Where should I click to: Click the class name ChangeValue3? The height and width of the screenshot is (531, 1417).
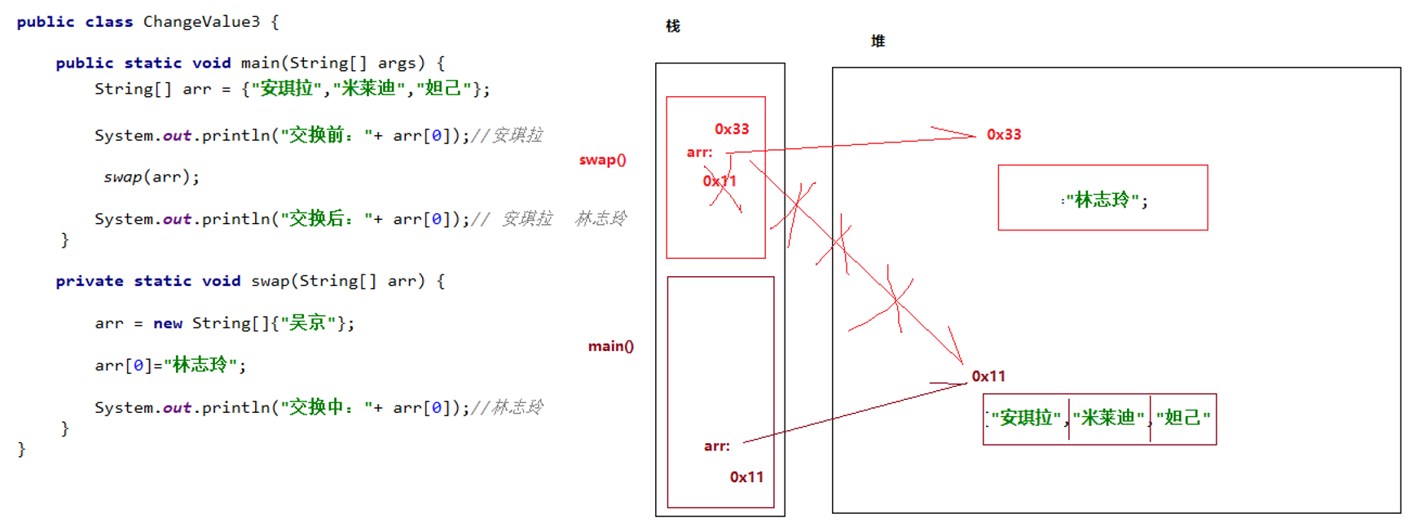pos(202,22)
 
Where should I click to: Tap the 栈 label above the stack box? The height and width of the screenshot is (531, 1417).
pos(672,26)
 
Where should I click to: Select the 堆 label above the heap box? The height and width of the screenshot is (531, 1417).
pos(878,41)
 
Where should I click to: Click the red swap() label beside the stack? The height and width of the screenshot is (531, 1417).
pos(602,160)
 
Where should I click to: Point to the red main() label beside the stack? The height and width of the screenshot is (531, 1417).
pos(610,346)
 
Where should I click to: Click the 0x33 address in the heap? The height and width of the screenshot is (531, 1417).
pos(1003,134)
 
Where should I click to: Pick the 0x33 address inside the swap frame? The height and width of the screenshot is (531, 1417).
pos(731,129)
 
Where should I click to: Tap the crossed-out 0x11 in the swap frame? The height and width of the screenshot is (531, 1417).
pos(720,181)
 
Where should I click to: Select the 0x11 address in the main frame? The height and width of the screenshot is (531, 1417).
pos(746,476)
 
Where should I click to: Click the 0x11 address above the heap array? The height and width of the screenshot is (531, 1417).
pos(988,376)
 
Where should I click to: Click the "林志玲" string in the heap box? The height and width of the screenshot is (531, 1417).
pos(1102,200)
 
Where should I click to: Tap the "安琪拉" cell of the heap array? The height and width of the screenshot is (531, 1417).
pos(1026,418)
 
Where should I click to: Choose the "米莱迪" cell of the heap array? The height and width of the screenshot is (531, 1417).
pos(1108,418)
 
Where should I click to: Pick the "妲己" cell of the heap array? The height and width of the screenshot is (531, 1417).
pos(1183,418)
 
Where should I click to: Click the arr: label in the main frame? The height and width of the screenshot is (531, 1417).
pos(716,445)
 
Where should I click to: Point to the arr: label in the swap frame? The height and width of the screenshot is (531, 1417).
pos(699,152)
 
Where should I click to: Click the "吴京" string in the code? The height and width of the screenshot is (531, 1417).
pos(308,323)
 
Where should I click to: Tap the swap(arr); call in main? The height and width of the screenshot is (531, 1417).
pos(152,177)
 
